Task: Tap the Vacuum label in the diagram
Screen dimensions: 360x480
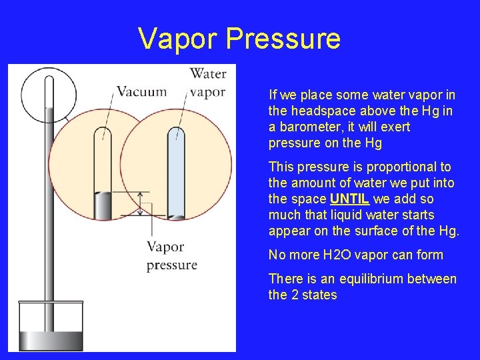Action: [x=141, y=91]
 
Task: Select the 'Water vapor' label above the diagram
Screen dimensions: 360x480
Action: [x=208, y=83]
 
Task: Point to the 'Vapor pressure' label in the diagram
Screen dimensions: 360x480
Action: [x=171, y=255]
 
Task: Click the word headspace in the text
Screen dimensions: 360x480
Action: [x=331, y=111]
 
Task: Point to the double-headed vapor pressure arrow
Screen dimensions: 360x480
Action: [x=141, y=203]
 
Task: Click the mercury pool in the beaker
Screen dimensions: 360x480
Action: [x=50, y=340]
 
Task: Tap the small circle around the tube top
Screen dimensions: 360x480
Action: [x=48, y=93]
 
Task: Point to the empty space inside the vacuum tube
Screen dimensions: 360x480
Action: [x=103, y=160]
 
